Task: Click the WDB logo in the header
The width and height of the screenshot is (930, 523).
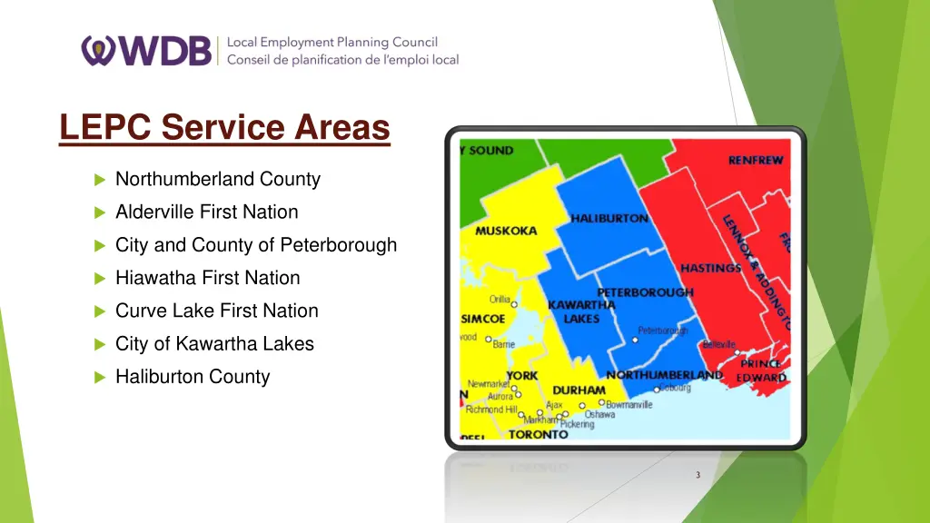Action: tap(147, 51)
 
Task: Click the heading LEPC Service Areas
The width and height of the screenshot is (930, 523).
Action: tap(224, 127)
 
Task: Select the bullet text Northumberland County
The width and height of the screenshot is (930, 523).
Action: tap(218, 179)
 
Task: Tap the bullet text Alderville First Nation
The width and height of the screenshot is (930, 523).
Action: tap(206, 212)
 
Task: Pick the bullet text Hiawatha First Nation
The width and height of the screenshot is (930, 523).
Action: tap(207, 278)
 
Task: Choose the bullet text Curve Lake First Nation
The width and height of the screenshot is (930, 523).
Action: tap(216, 311)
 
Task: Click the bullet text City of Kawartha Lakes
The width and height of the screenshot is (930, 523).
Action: tap(214, 343)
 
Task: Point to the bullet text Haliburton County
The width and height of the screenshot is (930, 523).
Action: tap(193, 376)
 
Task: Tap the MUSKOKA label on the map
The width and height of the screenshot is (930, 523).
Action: tap(506, 231)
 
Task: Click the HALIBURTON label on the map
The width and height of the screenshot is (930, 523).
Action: tap(609, 219)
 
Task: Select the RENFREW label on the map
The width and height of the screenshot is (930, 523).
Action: tap(756, 161)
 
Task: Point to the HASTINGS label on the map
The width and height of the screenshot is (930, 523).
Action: tap(711, 268)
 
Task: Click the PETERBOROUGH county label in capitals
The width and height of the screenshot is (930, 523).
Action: tap(645, 292)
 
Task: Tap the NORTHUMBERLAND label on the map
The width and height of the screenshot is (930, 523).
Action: tap(664, 375)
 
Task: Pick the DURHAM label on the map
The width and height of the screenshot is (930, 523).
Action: tap(579, 390)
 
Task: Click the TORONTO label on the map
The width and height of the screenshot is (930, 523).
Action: tap(538, 434)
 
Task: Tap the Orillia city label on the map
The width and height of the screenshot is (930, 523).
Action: tap(500, 300)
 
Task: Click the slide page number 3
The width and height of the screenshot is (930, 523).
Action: tap(697, 475)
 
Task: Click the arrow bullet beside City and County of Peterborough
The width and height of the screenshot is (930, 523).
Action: tap(100, 245)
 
